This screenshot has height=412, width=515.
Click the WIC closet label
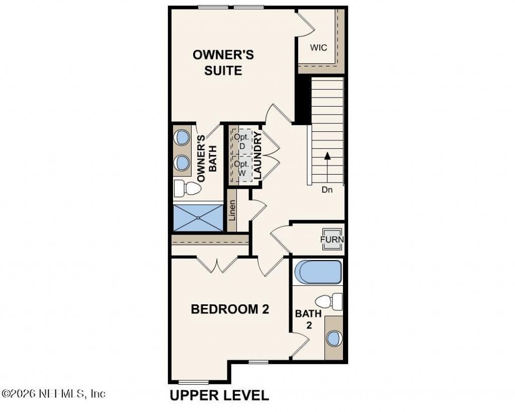pyautogui.click(x=318, y=48)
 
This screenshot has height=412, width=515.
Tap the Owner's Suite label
pyautogui.click(x=223, y=62)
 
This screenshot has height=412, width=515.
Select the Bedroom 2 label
pyautogui.click(x=230, y=309)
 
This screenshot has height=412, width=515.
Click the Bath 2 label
pyautogui.click(x=308, y=319)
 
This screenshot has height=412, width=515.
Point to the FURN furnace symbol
pyautogui.click(x=332, y=239)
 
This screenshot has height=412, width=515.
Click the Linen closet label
pyautogui.click(x=232, y=211)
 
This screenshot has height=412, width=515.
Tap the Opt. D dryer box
pyautogui.click(x=242, y=141)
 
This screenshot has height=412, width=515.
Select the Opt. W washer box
pyautogui.click(x=242, y=168)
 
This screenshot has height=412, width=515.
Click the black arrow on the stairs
pyautogui.click(x=327, y=167)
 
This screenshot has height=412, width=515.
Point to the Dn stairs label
pyautogui.click(x=327, y=190)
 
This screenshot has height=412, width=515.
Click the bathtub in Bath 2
pyautogui.click(x=318, y=272)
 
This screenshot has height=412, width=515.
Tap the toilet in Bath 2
pyautogui.click(x=328, y=301)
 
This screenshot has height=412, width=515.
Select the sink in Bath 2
pyautogui.click(x=334, y=338)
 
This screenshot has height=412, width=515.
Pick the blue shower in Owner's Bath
pyautogui.click(x=198, y=218)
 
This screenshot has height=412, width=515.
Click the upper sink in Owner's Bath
pyautogui.click(x=182, y=137)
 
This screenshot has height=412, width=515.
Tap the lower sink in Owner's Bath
pyautogui.click(x=182, y=162)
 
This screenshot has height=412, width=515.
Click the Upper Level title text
pyautogui.click(x=219, y=395)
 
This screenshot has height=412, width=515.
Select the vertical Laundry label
pyautogui.click(x=258, y=156)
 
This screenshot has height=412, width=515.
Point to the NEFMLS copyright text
pyautogui.click(x=53, y=393)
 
